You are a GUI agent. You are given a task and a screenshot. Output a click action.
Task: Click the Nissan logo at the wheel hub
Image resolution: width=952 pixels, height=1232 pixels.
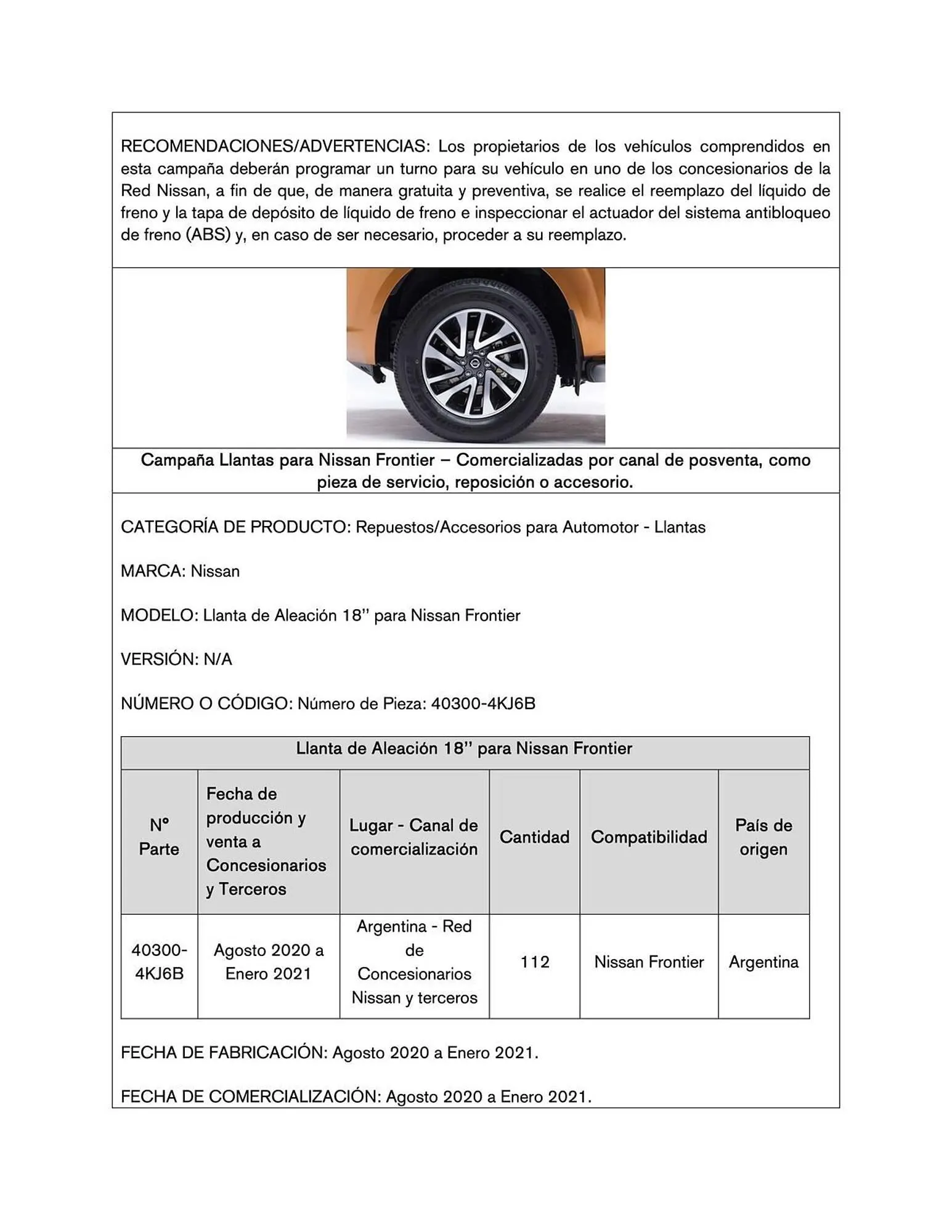[475, 365]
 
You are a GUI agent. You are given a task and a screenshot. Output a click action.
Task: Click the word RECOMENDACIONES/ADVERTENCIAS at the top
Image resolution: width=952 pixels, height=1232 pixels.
[274, 147]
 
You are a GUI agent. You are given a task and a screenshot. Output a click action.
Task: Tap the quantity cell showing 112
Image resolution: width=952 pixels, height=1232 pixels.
[534, 962]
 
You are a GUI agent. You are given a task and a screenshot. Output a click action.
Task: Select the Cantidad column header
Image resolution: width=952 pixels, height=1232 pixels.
[534, 837]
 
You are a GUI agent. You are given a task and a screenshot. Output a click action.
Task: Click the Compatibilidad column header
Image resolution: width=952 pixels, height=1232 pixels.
[649, 837]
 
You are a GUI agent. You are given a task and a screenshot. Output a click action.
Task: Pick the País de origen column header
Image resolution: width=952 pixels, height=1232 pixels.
[763, 837]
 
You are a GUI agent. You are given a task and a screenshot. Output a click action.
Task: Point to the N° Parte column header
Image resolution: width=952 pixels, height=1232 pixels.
[159, 837]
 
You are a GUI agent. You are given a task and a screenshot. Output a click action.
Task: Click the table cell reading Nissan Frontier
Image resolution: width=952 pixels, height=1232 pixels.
[649, 962]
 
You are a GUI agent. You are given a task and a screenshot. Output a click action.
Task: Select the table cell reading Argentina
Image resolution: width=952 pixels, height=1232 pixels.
[763, 962]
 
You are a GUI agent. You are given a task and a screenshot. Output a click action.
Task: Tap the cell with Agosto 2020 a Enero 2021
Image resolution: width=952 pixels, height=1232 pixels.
[269, 962]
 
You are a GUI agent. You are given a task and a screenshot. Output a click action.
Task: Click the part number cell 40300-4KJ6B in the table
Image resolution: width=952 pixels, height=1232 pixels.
[159, 962]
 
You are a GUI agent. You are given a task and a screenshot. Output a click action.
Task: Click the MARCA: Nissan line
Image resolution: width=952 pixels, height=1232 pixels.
[180, 571]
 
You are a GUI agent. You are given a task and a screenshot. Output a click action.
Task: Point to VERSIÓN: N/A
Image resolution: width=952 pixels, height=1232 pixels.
[176, 660]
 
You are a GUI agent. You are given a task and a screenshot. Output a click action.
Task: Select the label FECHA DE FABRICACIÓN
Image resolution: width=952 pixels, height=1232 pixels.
[223, 1053]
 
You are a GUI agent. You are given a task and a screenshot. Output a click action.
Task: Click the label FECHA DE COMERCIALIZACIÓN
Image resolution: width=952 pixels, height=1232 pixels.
[250, 1097]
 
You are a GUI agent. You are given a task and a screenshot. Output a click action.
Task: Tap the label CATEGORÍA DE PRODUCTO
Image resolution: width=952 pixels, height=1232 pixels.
[235, 527]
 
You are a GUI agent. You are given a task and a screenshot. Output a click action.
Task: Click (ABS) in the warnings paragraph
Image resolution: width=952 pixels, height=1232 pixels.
[208, 235]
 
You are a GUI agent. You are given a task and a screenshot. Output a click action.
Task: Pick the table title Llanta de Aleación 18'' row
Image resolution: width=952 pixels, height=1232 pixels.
[464, 749]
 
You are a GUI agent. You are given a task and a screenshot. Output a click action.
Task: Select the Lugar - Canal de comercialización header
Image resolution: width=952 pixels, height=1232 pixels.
[414, 837]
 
